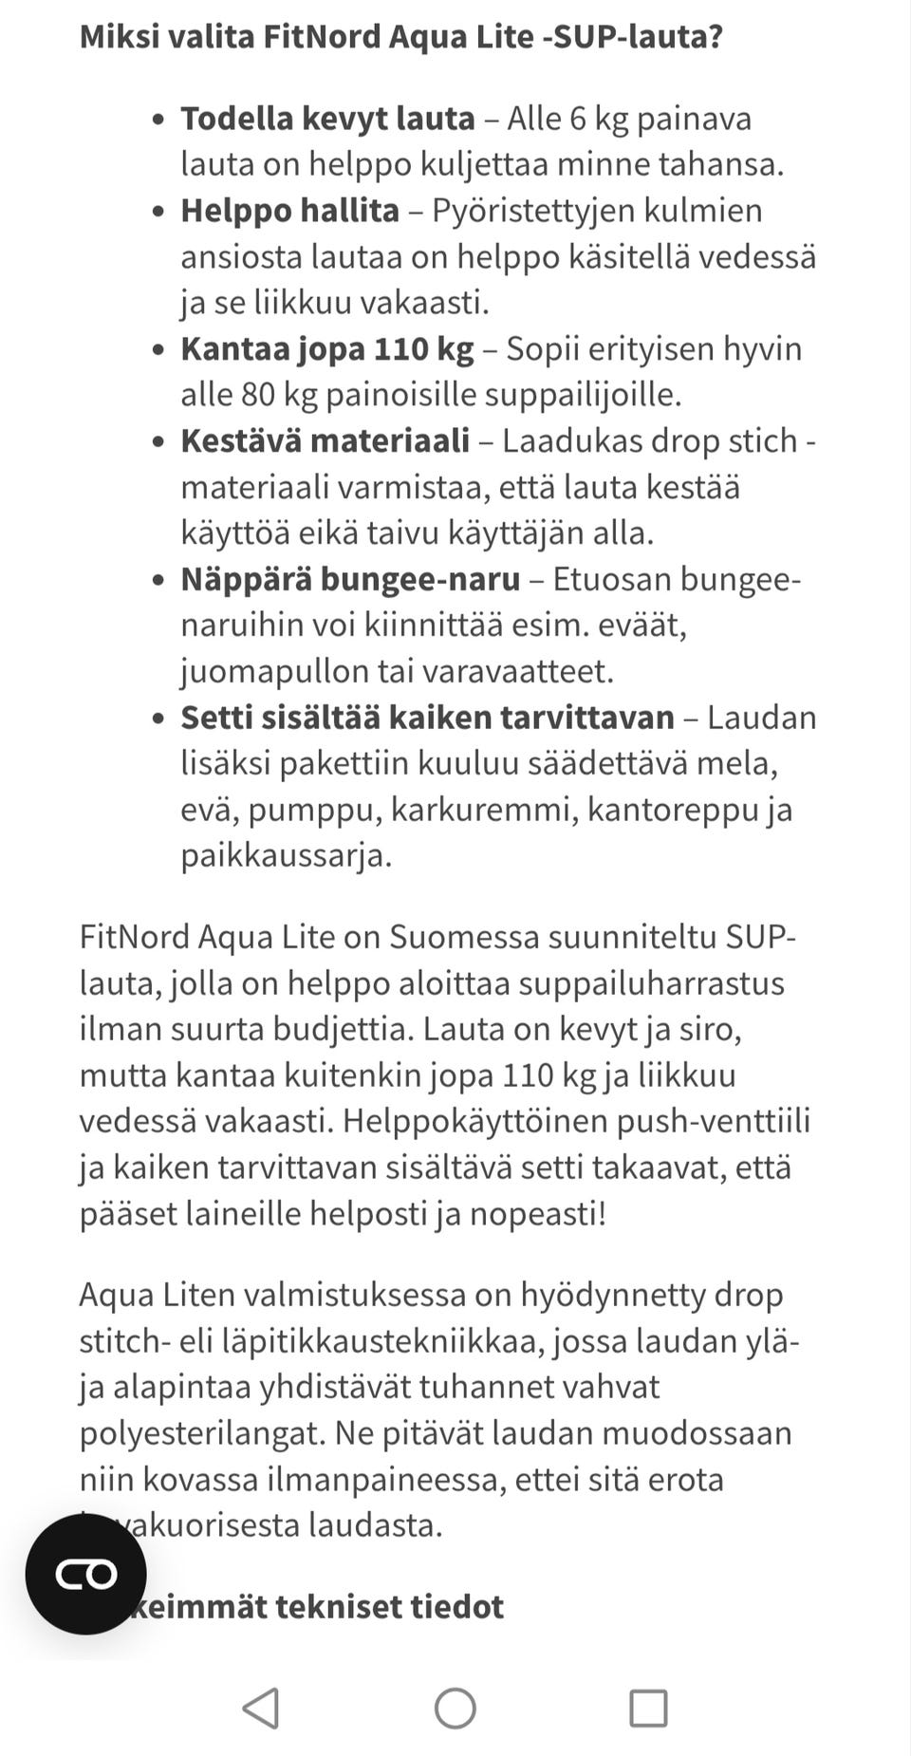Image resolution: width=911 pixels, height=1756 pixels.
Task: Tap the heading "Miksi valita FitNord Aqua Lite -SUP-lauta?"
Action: point(400,37)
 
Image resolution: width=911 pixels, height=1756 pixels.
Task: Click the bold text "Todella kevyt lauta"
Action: point(327,119)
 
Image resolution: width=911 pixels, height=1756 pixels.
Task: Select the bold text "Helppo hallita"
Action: point(289,211)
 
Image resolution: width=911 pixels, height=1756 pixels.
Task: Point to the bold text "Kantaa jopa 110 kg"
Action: point(326,349)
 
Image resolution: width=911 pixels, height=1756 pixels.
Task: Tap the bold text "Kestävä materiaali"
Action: point(325,441)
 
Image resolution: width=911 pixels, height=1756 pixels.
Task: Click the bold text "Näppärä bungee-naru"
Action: point(350,580)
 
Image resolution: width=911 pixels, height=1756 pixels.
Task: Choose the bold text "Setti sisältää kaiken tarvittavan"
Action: point(427,718)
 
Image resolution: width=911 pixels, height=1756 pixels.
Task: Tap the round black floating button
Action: point(86,1574)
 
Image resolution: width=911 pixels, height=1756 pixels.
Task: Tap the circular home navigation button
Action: point(455,1709)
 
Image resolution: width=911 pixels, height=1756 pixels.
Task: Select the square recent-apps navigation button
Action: point(649,1709)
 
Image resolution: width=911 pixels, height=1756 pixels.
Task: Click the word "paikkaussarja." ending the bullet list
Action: point(286,856)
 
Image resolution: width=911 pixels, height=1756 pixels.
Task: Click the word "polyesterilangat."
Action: point(202,1433)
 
